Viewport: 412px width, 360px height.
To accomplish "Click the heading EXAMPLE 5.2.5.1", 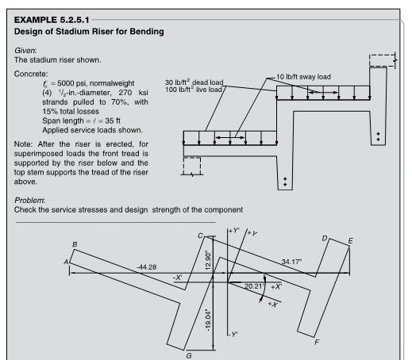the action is [52, 20].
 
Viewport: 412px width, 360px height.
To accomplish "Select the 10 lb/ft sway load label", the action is [303, 77].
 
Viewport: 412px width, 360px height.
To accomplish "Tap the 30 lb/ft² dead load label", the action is [194, 82].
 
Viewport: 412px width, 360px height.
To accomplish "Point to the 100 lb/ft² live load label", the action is [194, 90].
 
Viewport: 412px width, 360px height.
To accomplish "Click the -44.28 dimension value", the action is [146, 267].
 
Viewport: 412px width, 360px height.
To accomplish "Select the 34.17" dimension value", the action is [291, 262].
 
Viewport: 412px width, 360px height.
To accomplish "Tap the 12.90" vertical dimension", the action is [208, 261].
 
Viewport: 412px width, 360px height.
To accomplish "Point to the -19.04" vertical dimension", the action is [208, 320].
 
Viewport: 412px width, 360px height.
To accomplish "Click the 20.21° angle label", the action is [255, 286].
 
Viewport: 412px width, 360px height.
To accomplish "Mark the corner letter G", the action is [189, 356].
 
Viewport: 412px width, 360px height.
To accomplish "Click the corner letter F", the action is [317, 342].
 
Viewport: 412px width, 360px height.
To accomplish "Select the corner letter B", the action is [75, 244].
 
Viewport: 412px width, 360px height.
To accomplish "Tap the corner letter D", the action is [325, 239].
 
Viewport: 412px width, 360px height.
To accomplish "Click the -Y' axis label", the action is [233, 335].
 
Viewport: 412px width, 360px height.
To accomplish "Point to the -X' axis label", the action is [178, 278].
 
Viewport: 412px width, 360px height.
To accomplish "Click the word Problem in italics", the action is [29, 200].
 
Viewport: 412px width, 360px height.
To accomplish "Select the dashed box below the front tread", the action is [192, 166].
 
